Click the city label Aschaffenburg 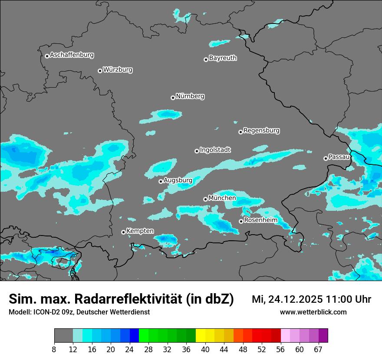point(72,55)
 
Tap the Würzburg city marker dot point(100,71)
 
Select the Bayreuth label point(223,58)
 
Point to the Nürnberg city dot point(173,98)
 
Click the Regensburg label point(261,130)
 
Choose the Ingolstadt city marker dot point(197,151)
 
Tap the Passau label point(339,157)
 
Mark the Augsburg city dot point(161,181)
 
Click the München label point(222,198)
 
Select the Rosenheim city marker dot point(241,221)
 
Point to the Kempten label point(140,231)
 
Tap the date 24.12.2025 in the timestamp point(294,299)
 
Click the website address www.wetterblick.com point(313,312)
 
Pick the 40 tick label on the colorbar point(205,349)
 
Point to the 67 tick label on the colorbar point(318,349)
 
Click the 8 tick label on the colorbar point(54,349)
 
